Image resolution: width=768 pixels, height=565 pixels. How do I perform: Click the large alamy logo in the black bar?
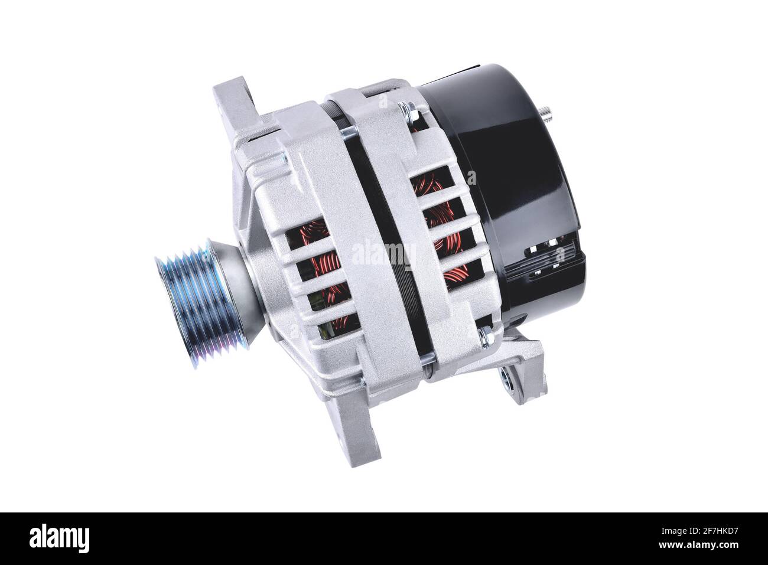click(x=59, y=538)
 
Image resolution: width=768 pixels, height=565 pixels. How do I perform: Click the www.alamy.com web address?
click(x=698, y=545)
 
